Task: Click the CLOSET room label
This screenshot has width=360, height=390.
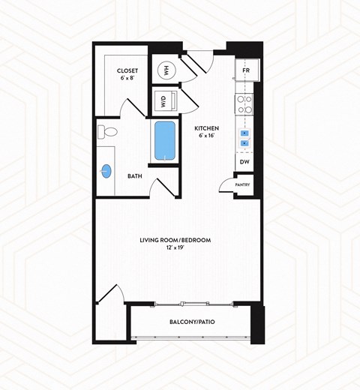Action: [x=127, y=70]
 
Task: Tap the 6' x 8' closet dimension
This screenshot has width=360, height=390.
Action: [x=127, y=78]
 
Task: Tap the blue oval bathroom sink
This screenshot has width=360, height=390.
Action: [x=106, y=171]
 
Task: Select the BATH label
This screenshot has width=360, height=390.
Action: [x=135, y=176]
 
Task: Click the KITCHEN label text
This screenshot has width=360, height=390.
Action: [x=207, y=127]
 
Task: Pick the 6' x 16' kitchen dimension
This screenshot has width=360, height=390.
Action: [x=207, y=135]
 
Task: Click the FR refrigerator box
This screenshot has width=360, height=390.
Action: [x=245, y=71]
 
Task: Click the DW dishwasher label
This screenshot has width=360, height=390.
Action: [x=244, y=162]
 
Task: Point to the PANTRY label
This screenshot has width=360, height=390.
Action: [x=242, y=184]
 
